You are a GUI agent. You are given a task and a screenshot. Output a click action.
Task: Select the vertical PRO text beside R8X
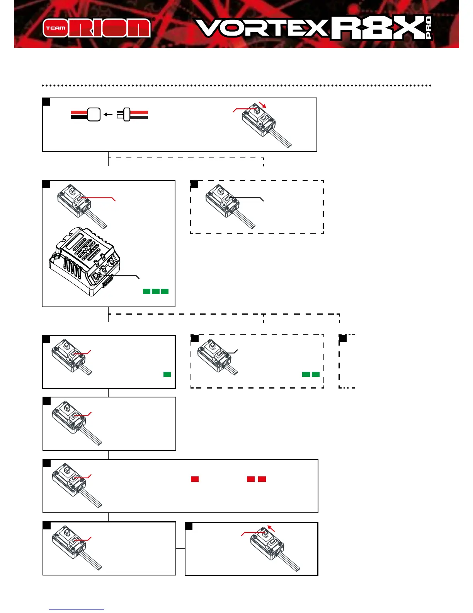pos(428,28)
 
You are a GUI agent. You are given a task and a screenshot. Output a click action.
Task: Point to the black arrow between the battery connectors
pos(108,115)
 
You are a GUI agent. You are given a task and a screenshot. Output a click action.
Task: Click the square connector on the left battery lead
pos(94,115)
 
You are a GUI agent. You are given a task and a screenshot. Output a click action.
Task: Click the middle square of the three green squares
pos(156,291)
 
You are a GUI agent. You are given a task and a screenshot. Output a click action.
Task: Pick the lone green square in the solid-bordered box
pos(167,374)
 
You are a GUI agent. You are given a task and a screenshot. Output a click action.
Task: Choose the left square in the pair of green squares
pos(306,374)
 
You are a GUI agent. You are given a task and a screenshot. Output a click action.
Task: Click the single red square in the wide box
pos(195,479)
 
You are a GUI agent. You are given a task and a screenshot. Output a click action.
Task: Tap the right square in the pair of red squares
pos(262,479)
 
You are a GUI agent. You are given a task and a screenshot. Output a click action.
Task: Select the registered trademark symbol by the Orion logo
pos(153,19)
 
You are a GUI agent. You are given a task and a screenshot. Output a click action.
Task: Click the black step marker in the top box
pos(46,102)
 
